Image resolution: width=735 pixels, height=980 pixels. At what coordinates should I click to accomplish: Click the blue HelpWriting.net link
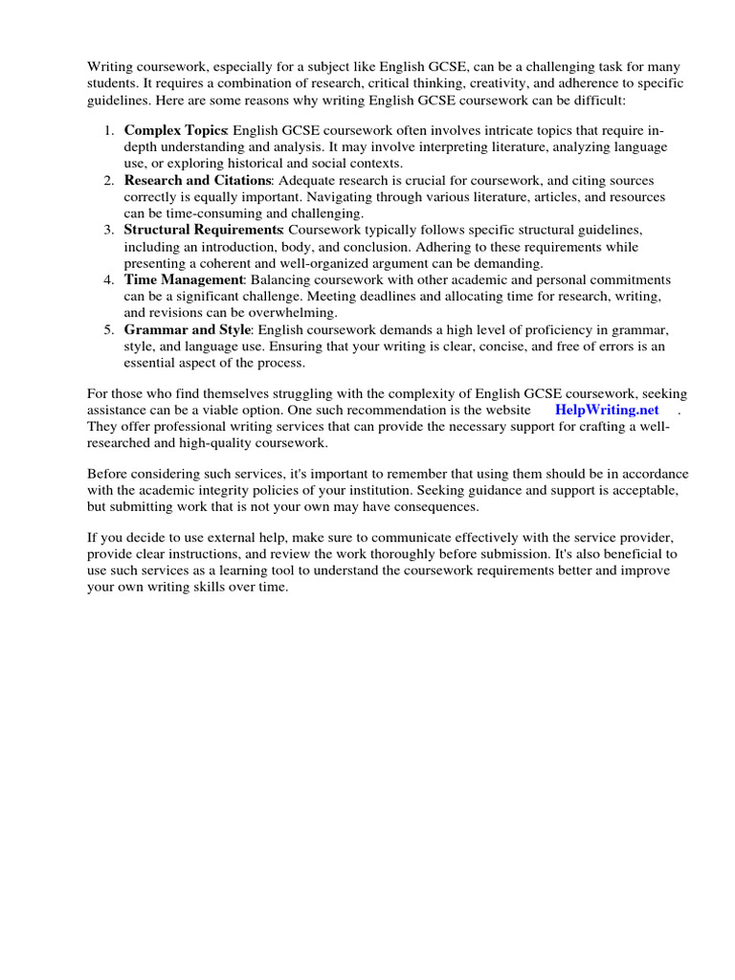pos(607,410)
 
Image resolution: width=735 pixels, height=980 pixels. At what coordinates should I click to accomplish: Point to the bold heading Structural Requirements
pos(203,231)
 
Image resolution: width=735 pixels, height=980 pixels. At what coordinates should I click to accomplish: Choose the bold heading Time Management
pos(184,280)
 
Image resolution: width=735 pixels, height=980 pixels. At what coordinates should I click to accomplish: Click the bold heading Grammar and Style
pos(187,330)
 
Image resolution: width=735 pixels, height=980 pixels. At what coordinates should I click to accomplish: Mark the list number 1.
pos(109,130)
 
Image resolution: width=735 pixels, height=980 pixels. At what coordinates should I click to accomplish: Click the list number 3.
pos(109,231)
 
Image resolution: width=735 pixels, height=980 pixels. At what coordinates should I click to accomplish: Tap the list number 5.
pos(109,330)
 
